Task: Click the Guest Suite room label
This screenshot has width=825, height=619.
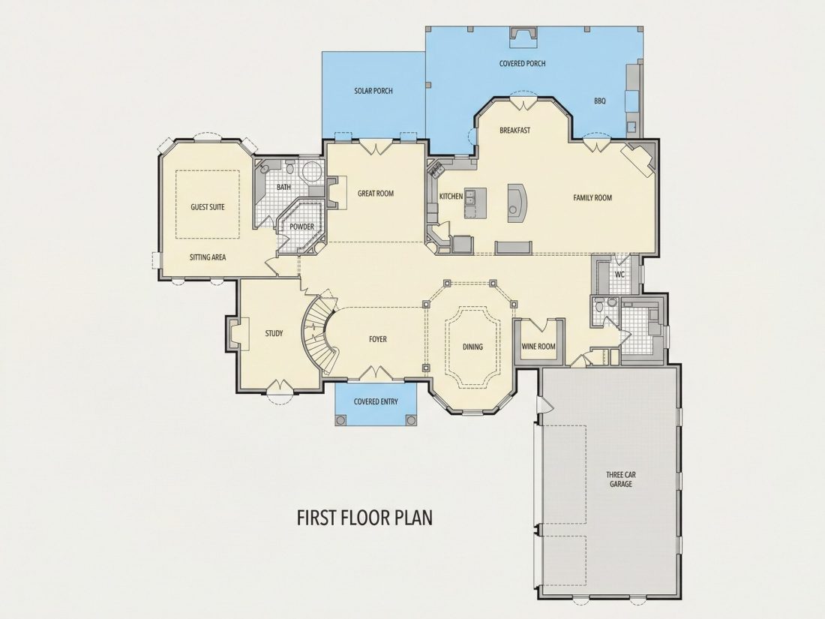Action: click(207, 207)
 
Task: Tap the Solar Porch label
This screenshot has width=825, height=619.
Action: click(373, 91)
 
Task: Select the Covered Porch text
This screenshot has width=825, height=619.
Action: click(522, 64)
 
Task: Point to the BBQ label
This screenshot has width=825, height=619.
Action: click(600, 101)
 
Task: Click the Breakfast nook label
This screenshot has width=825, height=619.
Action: click(514, 131)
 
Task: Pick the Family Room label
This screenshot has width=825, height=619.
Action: click(592, 198)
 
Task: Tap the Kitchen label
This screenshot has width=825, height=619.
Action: click(451, 197)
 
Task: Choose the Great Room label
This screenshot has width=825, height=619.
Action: click(376, 194)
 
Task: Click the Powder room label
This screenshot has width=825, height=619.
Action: click(301, 227)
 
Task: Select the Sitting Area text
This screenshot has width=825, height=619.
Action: click(208, 257)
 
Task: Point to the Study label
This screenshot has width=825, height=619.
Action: click(274, 333)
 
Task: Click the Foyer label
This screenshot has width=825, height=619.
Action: click(378, 339)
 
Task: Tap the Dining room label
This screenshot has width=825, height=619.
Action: click(472, 347)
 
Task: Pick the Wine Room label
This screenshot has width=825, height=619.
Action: click(538, 347)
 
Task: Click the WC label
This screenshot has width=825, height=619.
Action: click(619, 274)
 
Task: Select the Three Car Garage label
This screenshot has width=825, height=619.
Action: click(621, 479)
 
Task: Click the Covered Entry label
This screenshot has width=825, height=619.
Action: click(376, 402)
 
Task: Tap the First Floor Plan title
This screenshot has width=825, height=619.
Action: click(365, 518)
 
